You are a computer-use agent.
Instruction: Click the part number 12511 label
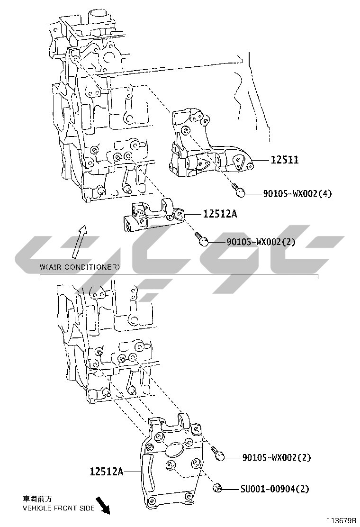pos(284,159)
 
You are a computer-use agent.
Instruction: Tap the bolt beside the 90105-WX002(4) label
pos(238,190)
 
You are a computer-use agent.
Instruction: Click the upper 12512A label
pos(220,214)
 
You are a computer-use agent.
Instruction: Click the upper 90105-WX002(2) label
pos(261,242)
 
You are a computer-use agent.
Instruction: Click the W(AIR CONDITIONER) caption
pos(79,267)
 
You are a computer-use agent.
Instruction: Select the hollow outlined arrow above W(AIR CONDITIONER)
pos(80,241)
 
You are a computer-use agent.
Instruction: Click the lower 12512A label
pos(107,472)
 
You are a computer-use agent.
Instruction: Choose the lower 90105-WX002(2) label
pos(276,457)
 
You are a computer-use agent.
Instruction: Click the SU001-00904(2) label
pos(274,489)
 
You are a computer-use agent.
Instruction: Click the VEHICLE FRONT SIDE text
pos(58,508)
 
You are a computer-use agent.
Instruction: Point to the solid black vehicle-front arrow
pos(103,505)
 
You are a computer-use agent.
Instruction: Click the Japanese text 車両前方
pos(37,499)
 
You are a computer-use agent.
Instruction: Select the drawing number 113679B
pos(341,521)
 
